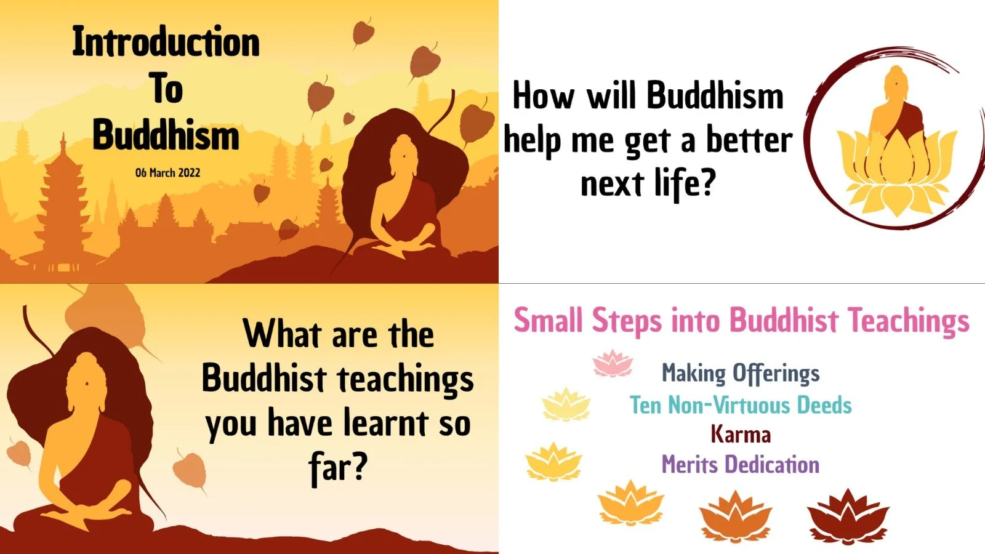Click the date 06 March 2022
[167, 173]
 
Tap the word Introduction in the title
[166, 42]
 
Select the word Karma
[741, 435]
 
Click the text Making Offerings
[741, 373]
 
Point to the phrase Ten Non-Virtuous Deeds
[741, 405]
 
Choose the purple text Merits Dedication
[741, 464]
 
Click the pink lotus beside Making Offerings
[613, 363]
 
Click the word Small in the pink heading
[548, 321]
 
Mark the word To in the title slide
[166, 89]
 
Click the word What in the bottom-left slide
[283, 334]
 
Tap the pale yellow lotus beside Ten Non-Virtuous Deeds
[566, 404]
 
